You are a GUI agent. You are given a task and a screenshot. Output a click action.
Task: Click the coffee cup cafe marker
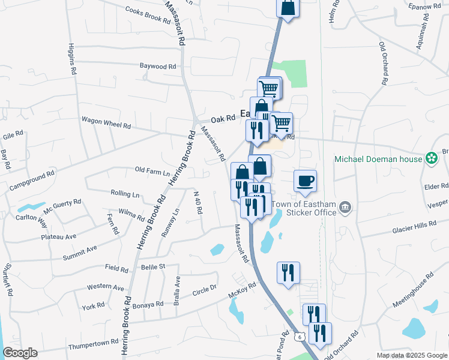[x=305, y=181]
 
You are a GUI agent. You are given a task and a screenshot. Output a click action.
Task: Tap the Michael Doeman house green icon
[x=430, y=158]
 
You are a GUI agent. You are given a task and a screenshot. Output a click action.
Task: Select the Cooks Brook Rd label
[x=148, y=14]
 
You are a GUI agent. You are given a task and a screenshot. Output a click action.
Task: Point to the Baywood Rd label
[x=158, y=67]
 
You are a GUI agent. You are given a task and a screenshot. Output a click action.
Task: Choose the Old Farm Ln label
[x=152, y=172]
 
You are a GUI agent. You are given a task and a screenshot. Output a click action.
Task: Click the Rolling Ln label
[x=125, y=194]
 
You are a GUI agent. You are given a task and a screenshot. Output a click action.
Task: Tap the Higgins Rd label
[x=72, y=58]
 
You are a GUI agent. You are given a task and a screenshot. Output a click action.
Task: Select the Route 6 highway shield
[x=298, y=338]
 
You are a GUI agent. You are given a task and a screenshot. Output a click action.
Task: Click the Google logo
[x=20, y=353]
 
